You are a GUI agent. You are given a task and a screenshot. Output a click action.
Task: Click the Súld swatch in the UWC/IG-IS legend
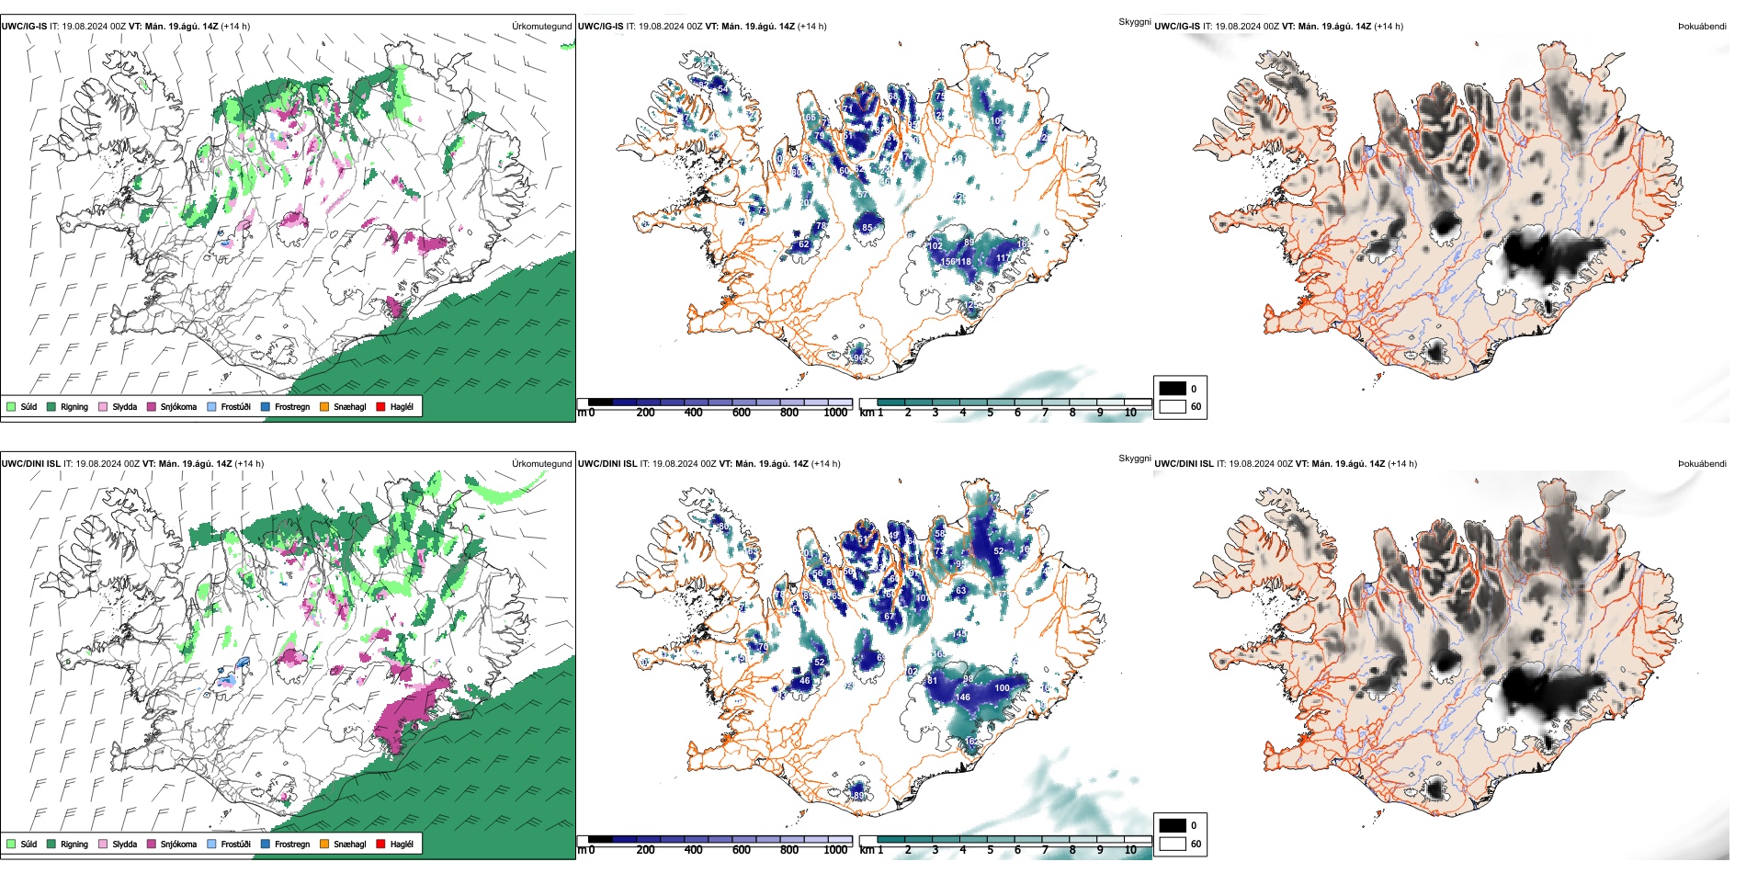tap(11, 406)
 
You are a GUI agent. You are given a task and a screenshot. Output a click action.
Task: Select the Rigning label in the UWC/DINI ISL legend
tap(74, 844)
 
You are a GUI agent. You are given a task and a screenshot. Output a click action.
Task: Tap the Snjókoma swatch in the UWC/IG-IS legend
tap(151, 406)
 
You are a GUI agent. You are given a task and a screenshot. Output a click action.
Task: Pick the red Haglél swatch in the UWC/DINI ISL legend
tap(380, 844)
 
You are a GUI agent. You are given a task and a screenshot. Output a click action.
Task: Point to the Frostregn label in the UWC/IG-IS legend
tap(292, 406)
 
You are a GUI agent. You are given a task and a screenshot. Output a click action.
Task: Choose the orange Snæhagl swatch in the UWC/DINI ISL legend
tap(324, 844)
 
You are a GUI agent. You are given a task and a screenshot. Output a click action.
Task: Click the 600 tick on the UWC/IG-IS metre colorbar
tap(742, 413)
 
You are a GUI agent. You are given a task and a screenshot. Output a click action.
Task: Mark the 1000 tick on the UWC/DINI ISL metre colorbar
tap(835, 850)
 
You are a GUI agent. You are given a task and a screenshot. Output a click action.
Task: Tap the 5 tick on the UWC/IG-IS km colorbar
tap(991, 413)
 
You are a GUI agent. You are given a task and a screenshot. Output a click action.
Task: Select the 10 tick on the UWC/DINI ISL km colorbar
tap(1130, 850)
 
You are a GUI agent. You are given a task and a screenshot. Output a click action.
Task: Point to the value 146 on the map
tap(963, 697)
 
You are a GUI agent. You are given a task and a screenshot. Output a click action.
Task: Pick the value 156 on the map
tap(947, 262)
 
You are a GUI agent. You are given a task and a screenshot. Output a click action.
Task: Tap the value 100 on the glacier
tap(1002, 687)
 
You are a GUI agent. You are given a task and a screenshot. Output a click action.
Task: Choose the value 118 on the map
tap(964, 262)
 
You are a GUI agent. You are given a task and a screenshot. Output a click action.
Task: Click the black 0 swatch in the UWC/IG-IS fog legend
tap(1173, 389)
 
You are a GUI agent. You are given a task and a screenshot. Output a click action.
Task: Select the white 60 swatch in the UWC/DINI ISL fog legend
tap(1173, 844)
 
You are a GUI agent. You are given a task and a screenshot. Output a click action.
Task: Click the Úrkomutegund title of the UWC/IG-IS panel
tap(541, 26)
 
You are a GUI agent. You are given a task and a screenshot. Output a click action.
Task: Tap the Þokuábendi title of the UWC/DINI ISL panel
tap(1702, 463)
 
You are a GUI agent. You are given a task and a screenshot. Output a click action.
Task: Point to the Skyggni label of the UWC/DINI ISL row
tap(1134, 459)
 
